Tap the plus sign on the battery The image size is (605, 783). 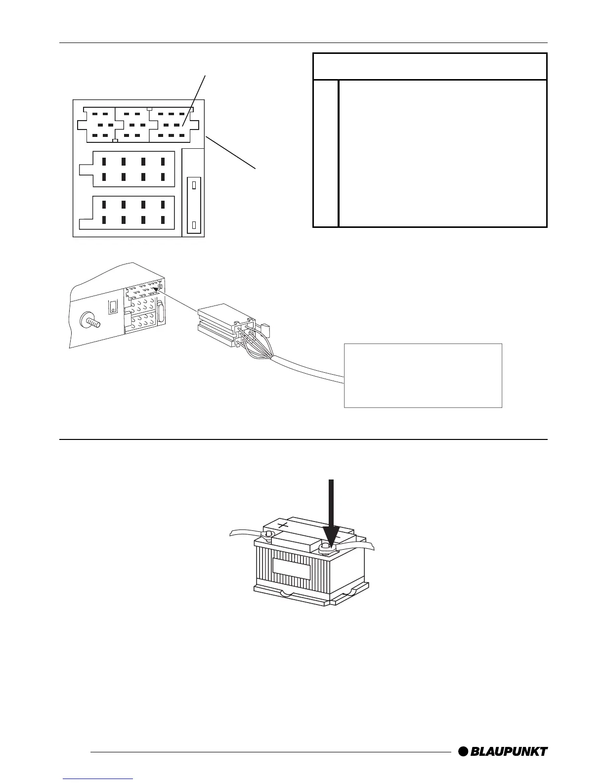(283, 525)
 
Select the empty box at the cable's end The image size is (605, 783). (423, 375)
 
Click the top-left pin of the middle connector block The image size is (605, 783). (104, 161)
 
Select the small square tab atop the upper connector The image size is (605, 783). (149, 108)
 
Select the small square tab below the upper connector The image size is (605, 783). (115, 141)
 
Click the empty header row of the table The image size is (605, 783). (430, 66)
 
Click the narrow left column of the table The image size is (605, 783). (326, 153)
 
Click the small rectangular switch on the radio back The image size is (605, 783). (113, 306)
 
